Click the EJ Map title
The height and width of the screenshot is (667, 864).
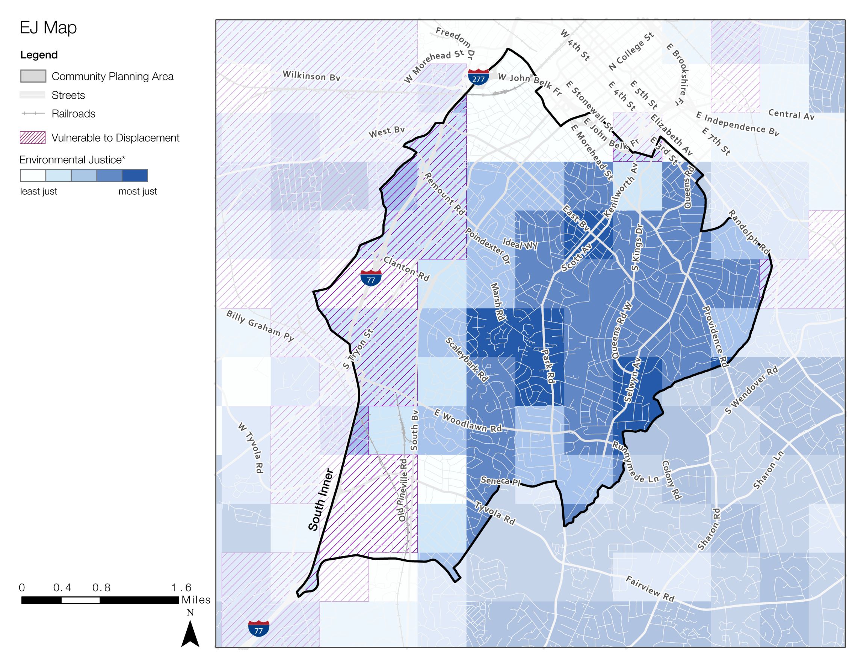tap(48, 28)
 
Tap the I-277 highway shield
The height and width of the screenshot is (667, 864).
tap(478, 77)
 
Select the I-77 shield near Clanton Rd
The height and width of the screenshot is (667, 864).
tap(371, 278)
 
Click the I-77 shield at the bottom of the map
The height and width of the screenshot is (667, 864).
tap(259, 628)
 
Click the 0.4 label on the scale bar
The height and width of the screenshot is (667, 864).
tap(62, 588)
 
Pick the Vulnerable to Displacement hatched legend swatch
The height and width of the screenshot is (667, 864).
tap(33, 138)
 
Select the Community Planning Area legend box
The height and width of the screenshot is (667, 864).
tap(33, 76)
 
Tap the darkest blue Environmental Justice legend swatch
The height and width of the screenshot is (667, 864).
tap(135, 175)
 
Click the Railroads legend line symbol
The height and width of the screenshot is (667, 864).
tap(33, 113)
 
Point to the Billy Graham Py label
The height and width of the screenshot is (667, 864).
tap(260, 326)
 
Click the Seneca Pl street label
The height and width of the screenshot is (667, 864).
tap(500, 481)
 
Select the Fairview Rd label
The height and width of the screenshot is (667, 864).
tap(650, 589)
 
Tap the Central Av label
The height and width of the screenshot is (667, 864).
tap(791, 114)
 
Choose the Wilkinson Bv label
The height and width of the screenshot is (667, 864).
tap(311, 75)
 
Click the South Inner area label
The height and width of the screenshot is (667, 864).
tap(321, 500)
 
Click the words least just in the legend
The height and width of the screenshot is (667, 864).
tap(38, 191)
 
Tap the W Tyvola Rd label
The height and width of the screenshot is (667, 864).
tap(251, 448)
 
